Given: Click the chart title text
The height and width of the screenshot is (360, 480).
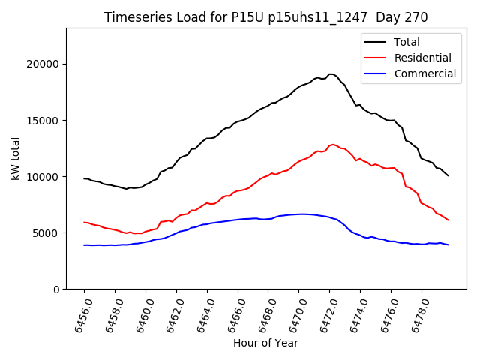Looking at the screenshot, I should coord(265,17).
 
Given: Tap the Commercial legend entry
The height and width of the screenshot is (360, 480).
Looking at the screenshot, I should coord(424,73).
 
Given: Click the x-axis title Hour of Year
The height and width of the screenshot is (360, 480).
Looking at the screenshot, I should coord(265,343).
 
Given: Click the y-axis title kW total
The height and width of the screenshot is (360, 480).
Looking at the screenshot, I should coord(16,159).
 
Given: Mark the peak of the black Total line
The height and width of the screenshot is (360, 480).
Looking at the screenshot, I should coord(331,74).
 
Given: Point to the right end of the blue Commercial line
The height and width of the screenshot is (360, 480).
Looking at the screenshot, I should coord(448,244).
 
